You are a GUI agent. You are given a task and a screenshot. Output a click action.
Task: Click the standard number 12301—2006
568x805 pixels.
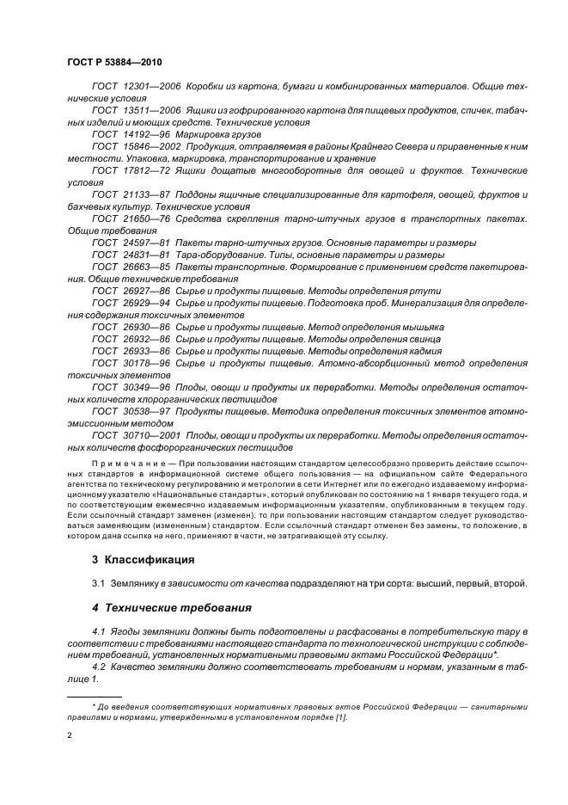[x=149, y=88]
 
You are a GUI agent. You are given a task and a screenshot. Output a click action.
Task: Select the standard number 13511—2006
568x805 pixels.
[x=149, y=112]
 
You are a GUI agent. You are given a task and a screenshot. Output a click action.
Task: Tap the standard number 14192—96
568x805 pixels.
[x=144, y=136]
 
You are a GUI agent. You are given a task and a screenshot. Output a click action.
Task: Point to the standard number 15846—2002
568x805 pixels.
[x=149, y=148]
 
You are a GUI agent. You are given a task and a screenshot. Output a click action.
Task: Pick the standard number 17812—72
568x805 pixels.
[x=144, y=171]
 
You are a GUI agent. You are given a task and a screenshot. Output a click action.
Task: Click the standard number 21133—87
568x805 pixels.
[x=144, y=195]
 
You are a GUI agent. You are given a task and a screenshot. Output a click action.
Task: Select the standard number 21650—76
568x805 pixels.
[x=144, y=219]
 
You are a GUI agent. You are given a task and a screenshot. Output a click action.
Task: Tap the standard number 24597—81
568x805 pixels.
[x=144, y=243]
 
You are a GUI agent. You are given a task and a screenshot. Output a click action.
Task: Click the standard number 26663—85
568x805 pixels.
[x=144, y=267]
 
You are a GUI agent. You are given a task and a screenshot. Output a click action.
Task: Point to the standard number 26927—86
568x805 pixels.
[x=144, y=292]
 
